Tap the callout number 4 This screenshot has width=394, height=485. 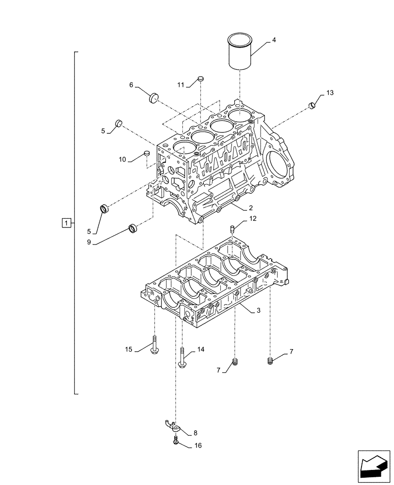274,40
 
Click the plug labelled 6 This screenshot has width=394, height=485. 154,97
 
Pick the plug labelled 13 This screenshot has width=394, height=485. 312,104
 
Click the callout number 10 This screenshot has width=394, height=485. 122,159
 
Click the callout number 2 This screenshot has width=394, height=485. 250,208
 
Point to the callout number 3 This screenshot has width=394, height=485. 259,310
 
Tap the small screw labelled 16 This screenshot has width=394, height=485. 175,440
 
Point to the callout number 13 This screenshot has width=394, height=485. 330,92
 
